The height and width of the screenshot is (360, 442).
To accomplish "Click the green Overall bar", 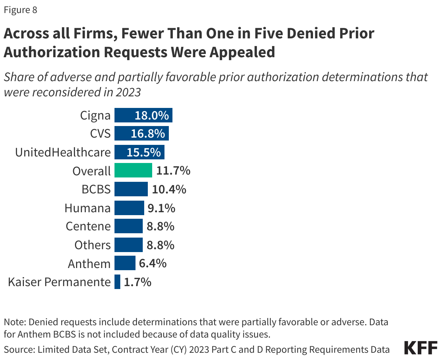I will tap(133, 170).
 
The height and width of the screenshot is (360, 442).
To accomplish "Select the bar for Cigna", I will tap(143, 115).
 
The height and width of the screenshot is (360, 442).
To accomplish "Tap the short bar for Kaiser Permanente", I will tap(117, 282).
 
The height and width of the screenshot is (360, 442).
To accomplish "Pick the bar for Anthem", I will tap(125, 263).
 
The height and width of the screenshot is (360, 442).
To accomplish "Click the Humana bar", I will tap(129, 208).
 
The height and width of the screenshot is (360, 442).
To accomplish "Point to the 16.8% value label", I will tap(148, 134).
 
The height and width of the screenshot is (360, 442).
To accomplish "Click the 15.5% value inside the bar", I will tap(144, 152).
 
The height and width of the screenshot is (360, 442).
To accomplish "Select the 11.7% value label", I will tap(173, 171).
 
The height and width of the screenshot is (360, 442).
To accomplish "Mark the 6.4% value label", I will tap(153, 263).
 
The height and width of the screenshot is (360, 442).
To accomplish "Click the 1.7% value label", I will tap(137, 282).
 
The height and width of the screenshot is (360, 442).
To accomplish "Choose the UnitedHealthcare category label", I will tap(63, 152).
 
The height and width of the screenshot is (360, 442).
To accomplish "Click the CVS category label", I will tap(100, 134).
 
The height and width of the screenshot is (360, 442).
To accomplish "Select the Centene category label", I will tap(88, 226).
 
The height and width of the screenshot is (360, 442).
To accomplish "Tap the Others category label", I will tap(92, 245).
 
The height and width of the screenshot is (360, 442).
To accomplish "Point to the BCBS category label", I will tap(96, 189).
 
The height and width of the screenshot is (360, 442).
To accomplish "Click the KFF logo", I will tap(421, 348).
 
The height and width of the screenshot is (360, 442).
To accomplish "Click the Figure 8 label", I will tap(20, 10).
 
